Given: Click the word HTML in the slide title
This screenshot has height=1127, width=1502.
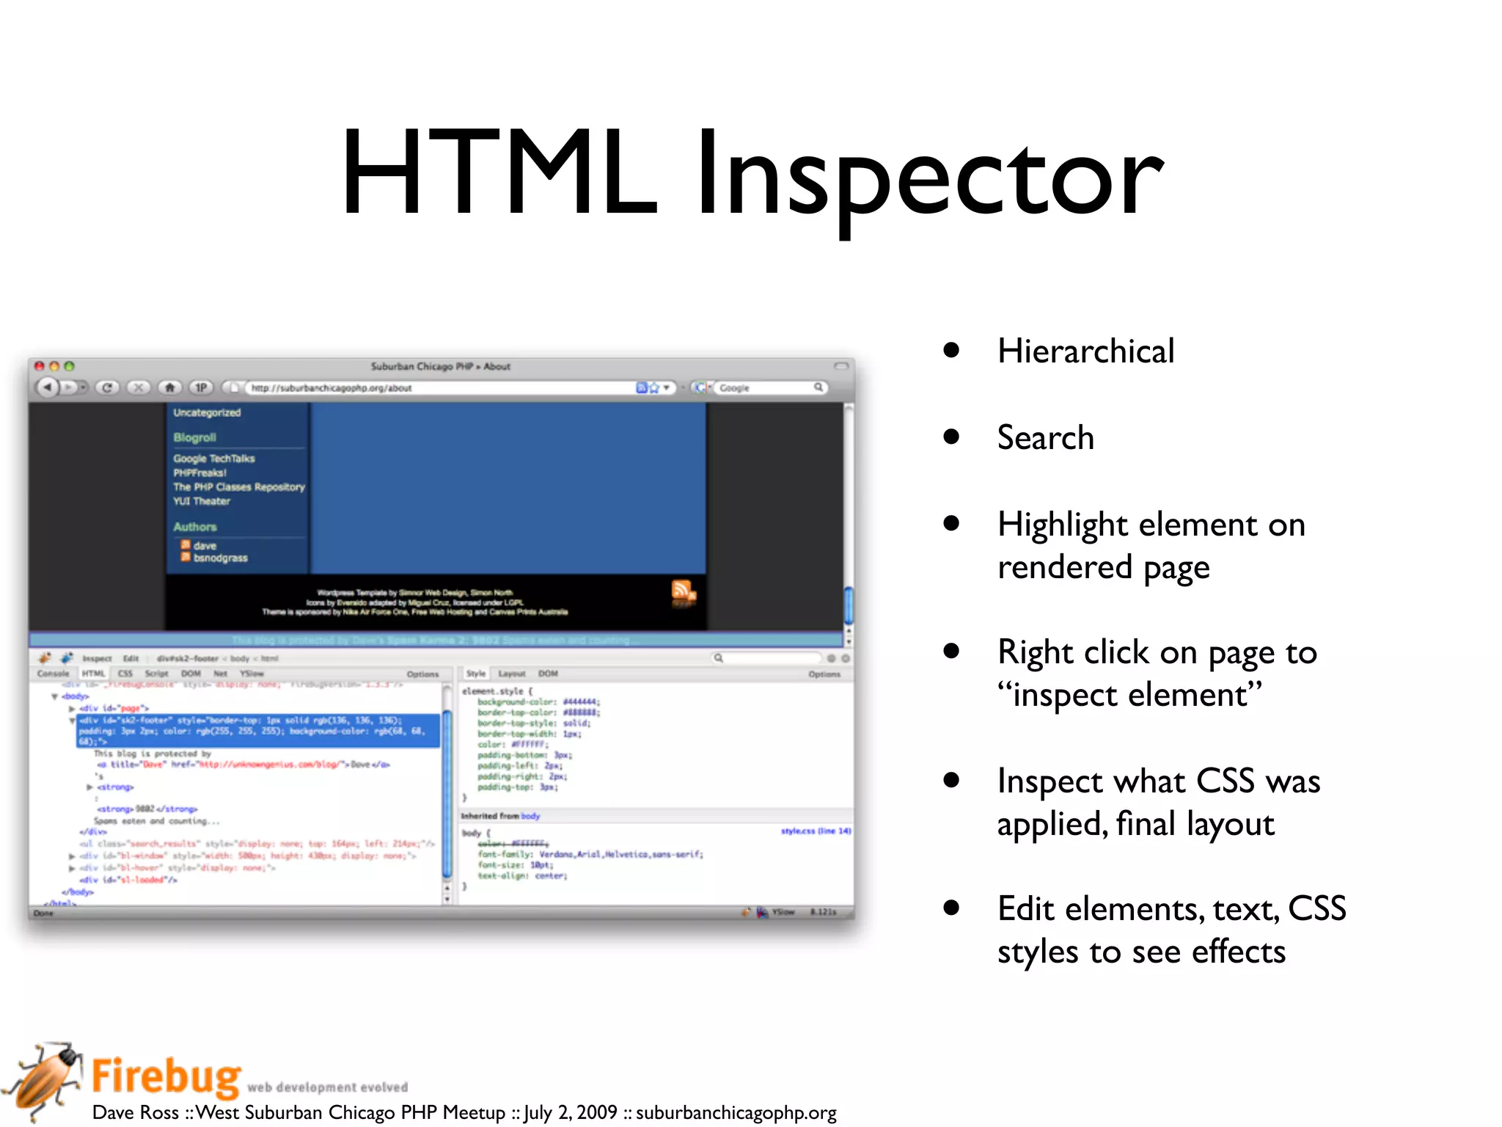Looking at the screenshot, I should coord(499,175).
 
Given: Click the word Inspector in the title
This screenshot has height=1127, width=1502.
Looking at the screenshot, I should coord(929,176).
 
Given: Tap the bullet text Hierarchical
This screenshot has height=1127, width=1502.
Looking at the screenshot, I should coord(1085,351).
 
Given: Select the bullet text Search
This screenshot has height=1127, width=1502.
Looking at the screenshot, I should coord(1045,438).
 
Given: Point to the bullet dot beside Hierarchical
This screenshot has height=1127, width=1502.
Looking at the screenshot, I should coord(951,350).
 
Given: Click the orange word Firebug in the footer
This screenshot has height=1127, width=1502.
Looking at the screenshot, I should coord(166,1076).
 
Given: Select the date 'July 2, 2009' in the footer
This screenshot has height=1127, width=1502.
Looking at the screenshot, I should coord(571,1112).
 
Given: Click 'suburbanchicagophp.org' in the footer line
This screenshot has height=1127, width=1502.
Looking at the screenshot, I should coord(736,1112).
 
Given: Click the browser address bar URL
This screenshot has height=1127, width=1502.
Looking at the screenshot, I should coord(331,388).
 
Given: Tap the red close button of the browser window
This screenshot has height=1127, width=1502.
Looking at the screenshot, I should coord(40,366).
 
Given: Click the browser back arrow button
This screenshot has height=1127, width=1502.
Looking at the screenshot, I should coord(48,387).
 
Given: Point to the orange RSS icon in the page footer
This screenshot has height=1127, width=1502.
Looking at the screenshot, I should coord(682,591).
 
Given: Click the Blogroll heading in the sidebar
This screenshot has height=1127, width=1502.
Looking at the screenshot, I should coord(194,437).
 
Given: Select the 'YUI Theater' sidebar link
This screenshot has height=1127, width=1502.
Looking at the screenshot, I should coord(202,501).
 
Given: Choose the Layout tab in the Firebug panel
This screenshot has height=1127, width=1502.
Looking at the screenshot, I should coord(511,674).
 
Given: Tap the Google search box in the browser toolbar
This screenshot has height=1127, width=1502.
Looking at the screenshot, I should coord(766,387).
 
